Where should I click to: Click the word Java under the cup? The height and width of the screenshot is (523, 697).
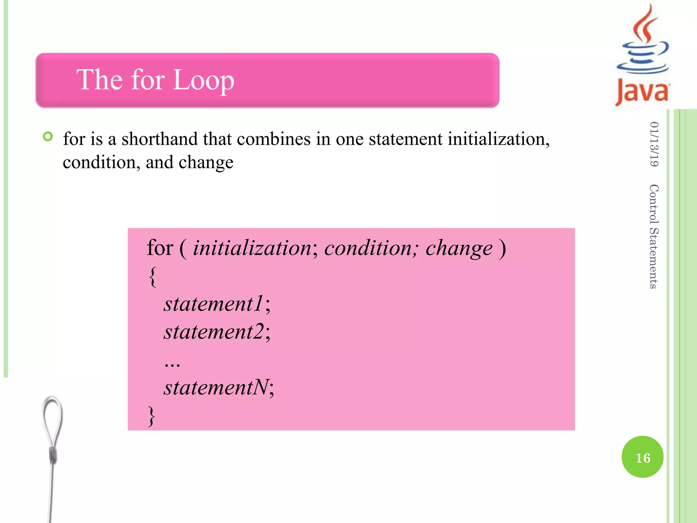[642, 91]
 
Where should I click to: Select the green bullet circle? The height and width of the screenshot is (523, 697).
[48, 137]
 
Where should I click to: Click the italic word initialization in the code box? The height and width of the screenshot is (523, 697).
[252, 248]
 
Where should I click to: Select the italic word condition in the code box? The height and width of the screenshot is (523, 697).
[368, 248]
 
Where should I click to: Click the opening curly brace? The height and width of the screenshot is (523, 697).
[153, 276]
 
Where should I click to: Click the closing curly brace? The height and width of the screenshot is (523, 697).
[151, 416]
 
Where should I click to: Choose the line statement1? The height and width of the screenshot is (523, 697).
[217, 303]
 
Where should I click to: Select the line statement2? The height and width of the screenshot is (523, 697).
[217, 331]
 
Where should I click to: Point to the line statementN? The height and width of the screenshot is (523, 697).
[218, 387]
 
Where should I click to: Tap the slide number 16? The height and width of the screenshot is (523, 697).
[643, 457]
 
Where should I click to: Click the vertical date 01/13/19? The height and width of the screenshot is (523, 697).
[654, 144]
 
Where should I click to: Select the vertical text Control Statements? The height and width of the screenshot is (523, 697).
[654, 236]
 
